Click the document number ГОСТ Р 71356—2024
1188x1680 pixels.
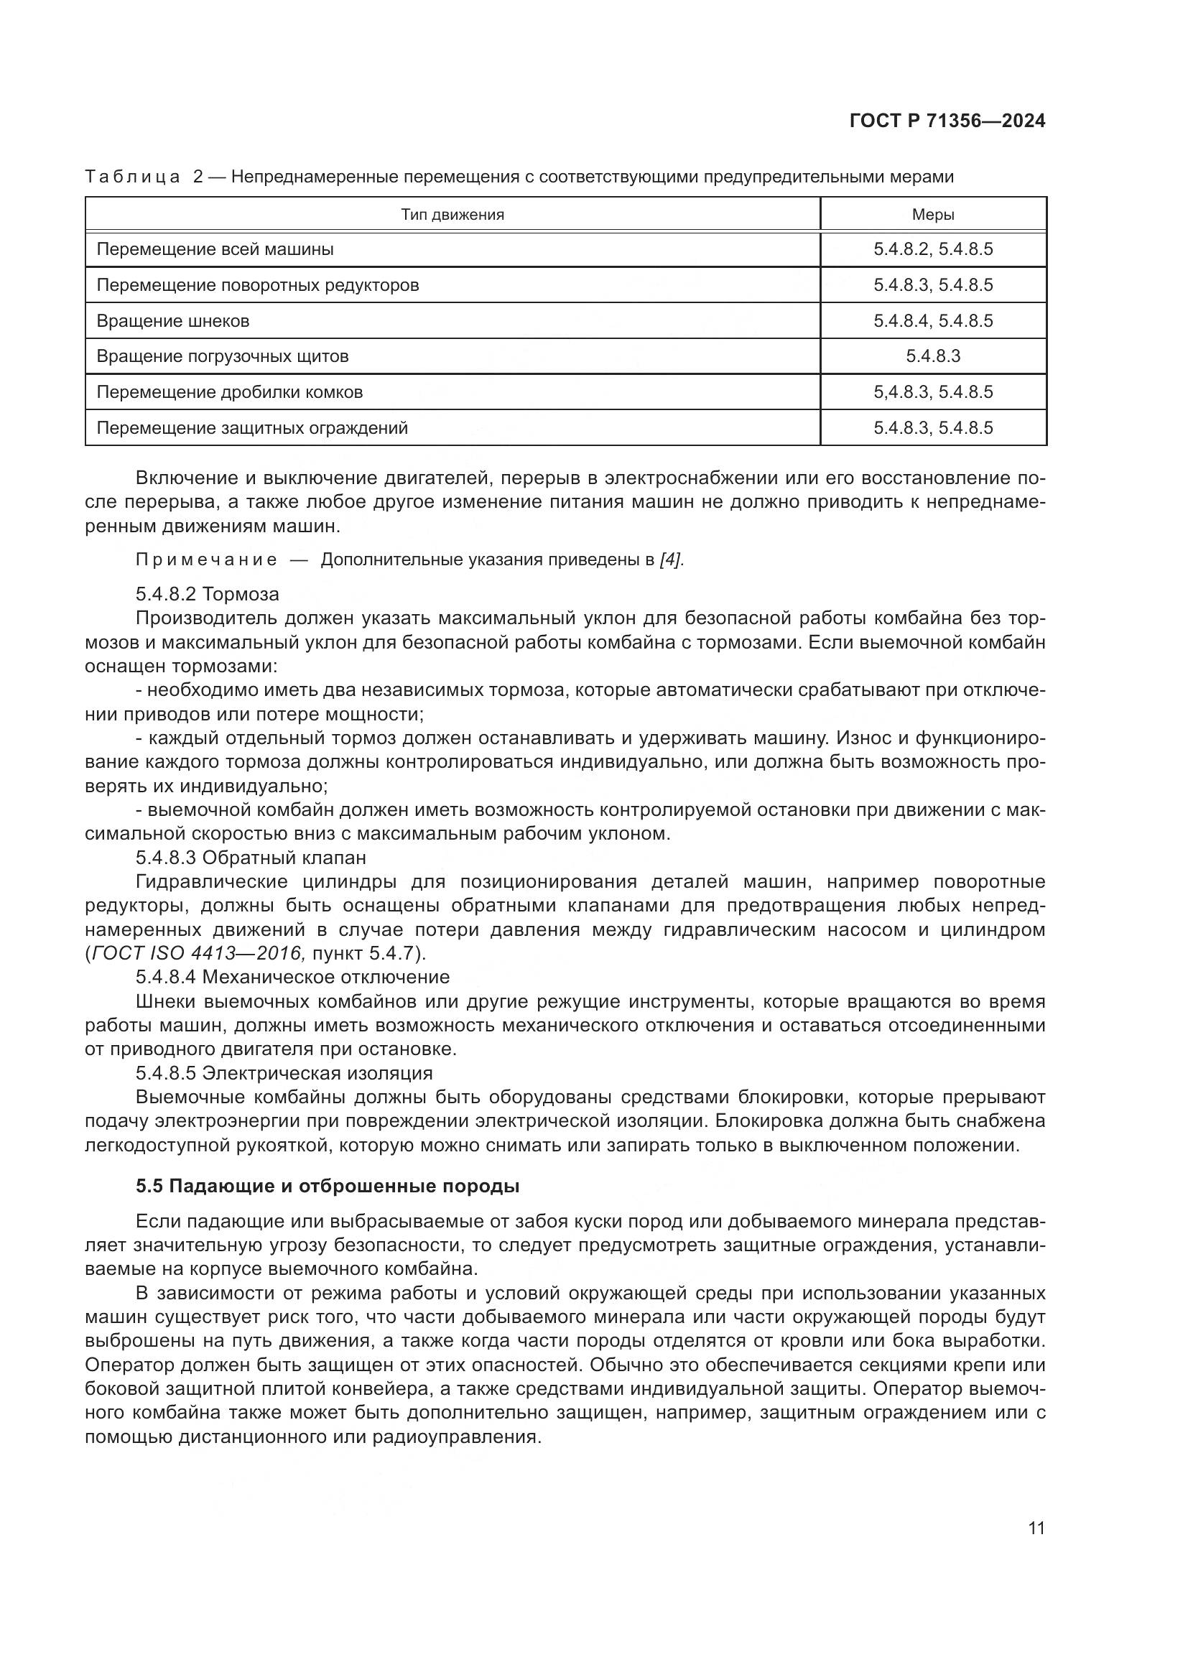point(947,121)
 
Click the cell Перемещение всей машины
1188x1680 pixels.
point(215,249)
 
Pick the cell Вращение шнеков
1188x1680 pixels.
point(172,321)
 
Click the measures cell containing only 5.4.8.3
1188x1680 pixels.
point(933,356)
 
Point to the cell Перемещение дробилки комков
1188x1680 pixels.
point(230,392)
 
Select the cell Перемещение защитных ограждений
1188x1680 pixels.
point(251,428)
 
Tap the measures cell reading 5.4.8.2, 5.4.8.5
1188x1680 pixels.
point(933,249)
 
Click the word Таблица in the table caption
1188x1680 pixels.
point(132,177)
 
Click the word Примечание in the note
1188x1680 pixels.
point(206,560)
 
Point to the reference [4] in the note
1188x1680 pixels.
point(671,560)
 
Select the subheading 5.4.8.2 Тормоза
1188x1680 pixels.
point(208,593)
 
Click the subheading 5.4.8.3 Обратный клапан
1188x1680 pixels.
point(251,857)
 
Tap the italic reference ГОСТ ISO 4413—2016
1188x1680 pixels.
point(197,953)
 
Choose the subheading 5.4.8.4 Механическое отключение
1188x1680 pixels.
point(292,977)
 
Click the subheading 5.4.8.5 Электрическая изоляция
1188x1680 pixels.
point(284,1072)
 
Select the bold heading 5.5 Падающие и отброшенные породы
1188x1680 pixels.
point(328,1186)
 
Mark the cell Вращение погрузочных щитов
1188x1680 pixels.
point(223,356)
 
